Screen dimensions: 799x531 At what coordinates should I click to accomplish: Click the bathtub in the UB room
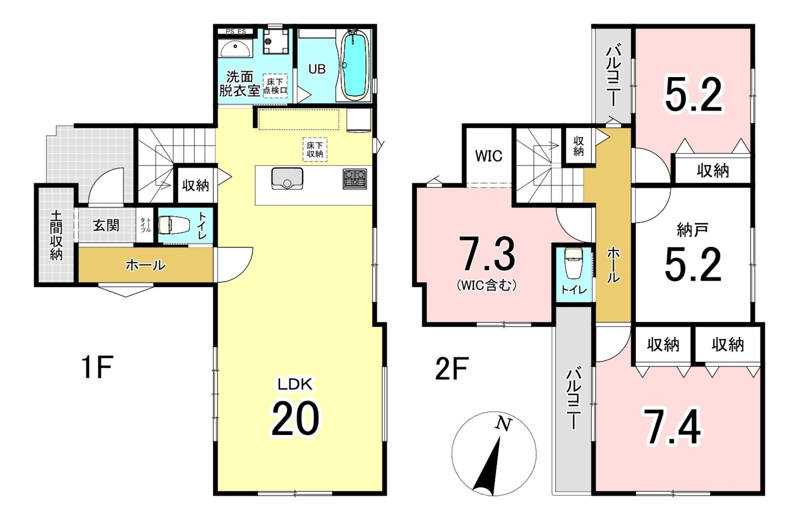(355, 66)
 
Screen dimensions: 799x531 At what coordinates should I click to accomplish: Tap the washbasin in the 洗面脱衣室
(236, 48)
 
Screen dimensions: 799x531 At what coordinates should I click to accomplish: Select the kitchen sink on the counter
(287, 178)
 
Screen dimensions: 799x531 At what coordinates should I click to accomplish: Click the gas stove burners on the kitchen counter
(355, 179)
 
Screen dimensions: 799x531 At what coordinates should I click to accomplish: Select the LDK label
(295, 385)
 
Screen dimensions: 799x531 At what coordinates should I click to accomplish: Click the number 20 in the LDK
(295, 419)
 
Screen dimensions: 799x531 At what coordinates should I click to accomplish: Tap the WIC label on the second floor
(488, 156)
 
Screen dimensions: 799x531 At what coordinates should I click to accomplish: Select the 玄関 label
(106, 225)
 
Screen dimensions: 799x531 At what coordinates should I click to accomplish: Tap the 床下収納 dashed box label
(315, 149)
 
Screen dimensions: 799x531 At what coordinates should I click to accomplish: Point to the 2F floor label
(452, 368)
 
